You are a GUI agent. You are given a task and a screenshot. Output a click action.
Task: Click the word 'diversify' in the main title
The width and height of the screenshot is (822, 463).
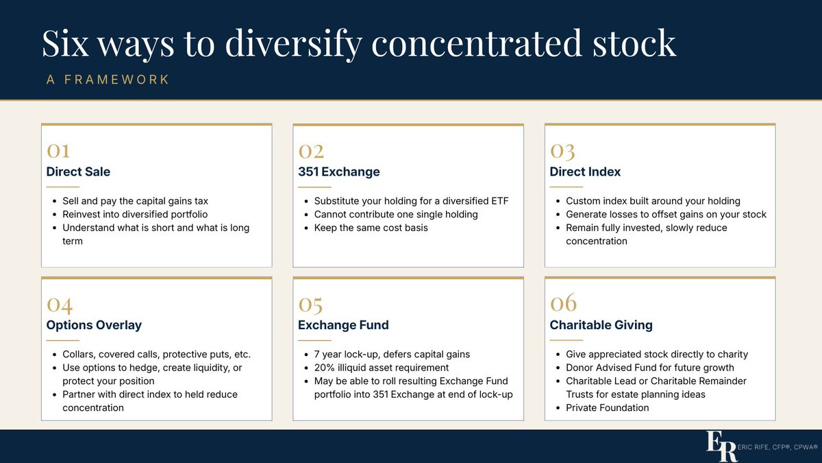pyautogui.click(x=294, y=44)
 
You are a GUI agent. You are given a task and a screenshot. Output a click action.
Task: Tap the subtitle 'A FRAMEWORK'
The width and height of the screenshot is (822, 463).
pyautogui.click(x=108, y=80)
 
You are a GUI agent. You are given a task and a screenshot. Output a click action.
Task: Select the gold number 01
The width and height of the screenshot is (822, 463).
pyautogui.click(x=58, y=151)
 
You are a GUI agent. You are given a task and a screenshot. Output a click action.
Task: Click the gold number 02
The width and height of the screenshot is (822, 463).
pyautogui.click(x=311, y=151)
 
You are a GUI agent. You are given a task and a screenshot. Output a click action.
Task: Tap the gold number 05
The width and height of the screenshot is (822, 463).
pyautogui.click(x=310, y=305)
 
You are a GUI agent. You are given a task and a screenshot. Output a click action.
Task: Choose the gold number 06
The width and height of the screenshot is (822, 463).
pyautogui.click(x=563, y=302)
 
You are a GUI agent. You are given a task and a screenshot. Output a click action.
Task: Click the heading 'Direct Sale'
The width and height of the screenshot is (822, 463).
pyautogui.click(x=78, y=171)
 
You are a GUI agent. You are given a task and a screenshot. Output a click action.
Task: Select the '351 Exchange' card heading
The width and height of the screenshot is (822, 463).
pyautogui.click(x=338, y=171)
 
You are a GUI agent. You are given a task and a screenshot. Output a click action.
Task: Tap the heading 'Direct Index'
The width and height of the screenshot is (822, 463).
pyautogui.click(x=585, y=171)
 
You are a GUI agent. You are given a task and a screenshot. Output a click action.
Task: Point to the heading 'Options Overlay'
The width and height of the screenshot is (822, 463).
pyautogui.click(x=94, y=325)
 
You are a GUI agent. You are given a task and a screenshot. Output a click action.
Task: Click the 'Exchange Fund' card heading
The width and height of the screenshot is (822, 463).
pyautogui.click(x=343, y=325)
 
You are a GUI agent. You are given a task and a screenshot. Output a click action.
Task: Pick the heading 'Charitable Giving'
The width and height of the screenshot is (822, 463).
pyautogui.click(x=601, y=325)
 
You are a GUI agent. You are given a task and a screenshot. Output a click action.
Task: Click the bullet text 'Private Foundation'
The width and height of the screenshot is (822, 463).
pyautogui.click(x=608, y=407)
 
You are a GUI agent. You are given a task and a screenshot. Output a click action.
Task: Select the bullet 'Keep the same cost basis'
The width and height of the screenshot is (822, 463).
pyautogui.click(x=371, y=228)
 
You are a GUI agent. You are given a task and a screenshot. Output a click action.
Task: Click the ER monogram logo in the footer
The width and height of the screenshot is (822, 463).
pyautogui.click(x=721, y=446)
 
